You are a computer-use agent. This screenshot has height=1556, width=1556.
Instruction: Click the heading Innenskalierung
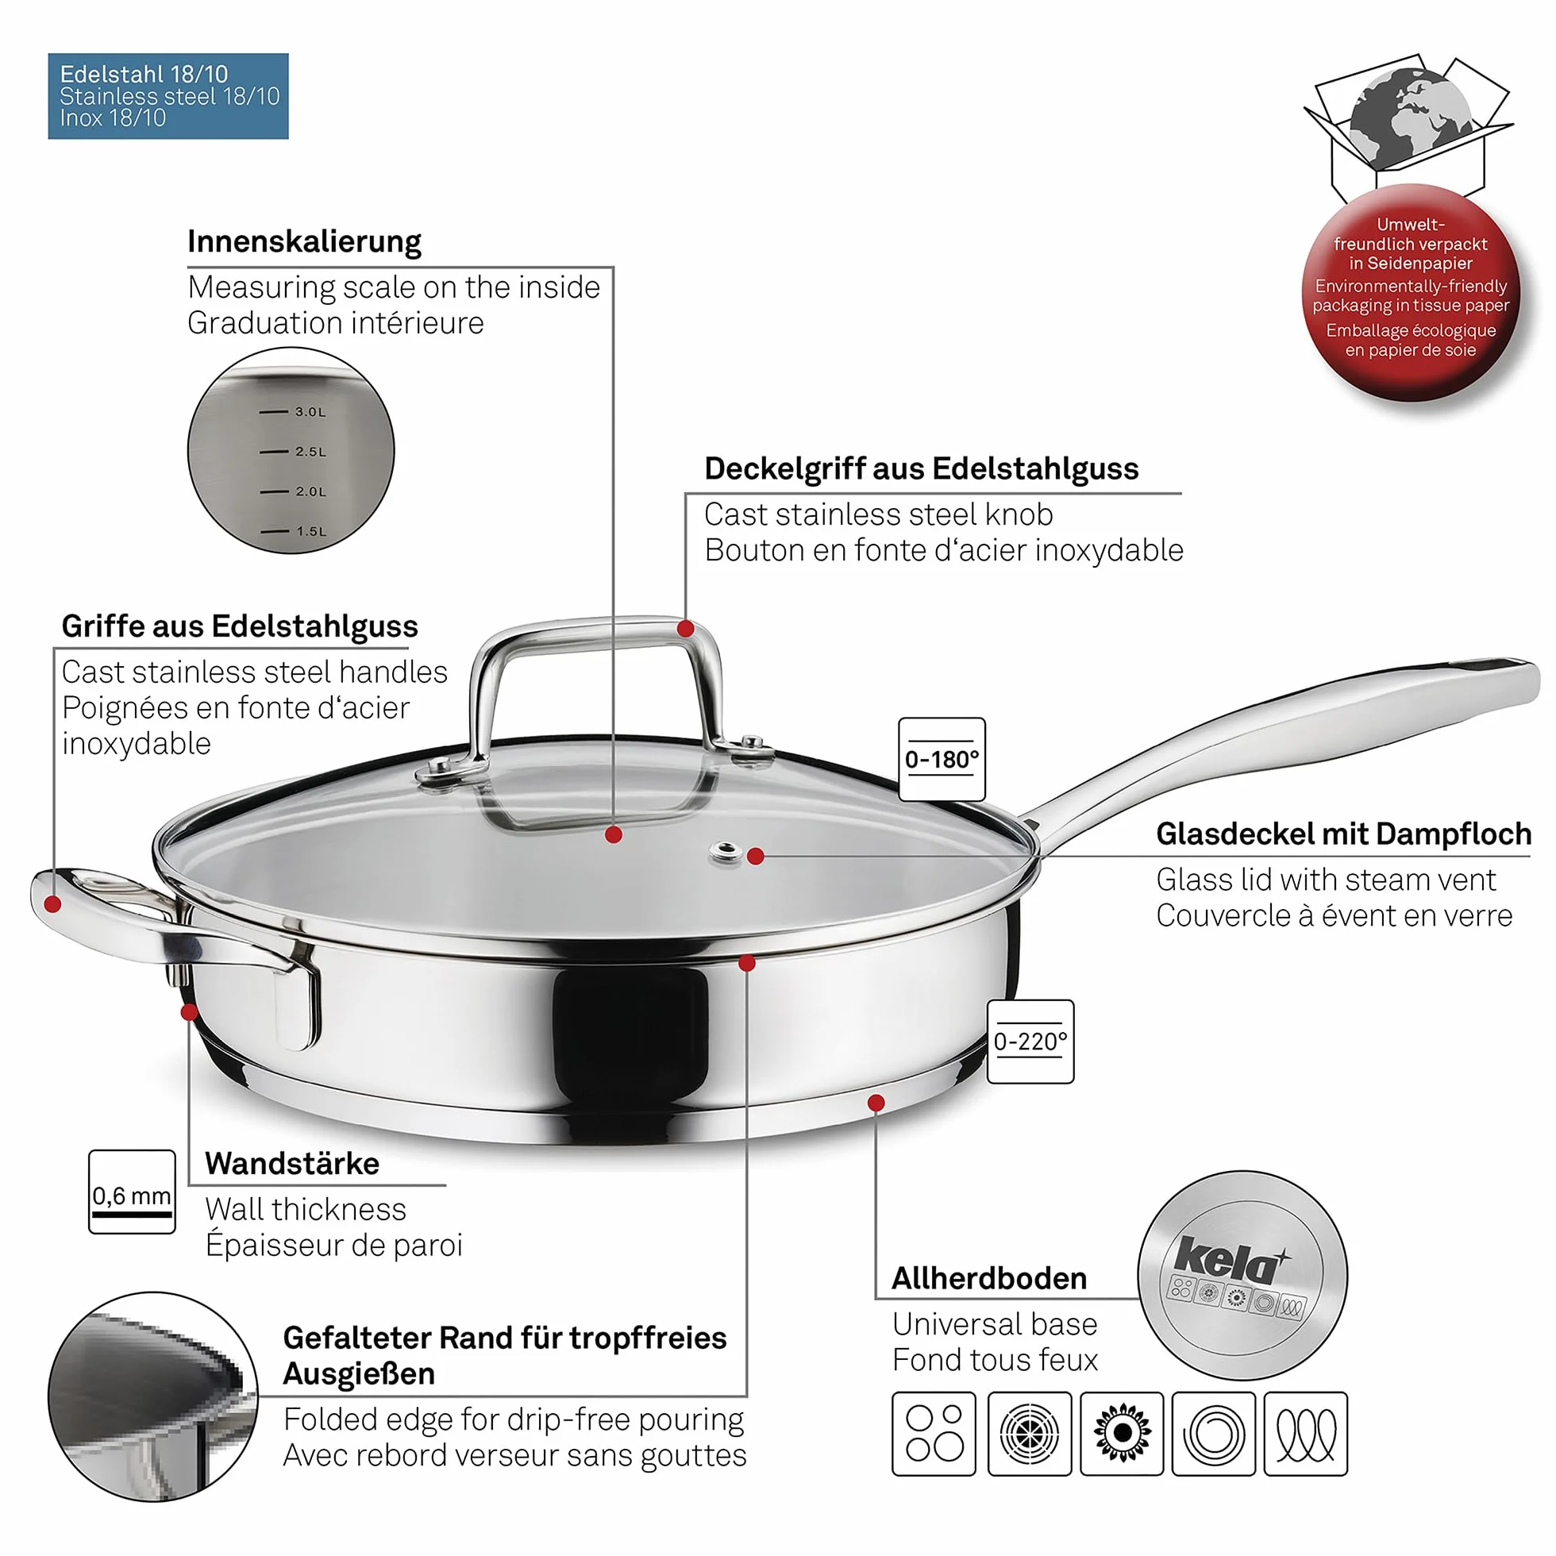(304, 241)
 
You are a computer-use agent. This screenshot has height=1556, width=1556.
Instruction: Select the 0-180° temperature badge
(942, 759)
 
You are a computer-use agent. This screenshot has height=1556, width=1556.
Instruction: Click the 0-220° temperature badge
(1030, 1042)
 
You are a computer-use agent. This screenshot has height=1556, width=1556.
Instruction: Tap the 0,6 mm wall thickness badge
(132, 1192)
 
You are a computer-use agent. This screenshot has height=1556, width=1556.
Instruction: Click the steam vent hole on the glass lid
(726, 850)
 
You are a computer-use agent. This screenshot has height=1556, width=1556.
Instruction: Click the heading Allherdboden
(989, 1278)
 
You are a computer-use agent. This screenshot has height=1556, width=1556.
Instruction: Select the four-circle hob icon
(934, 1434)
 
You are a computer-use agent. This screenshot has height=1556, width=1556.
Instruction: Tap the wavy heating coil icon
(1305, 1434)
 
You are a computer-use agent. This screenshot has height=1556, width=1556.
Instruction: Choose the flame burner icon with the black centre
(1122, 1434)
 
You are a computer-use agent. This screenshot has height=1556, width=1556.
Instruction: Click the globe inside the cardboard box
(1411, 117)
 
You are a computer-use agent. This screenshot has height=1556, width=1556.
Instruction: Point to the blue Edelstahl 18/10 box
(168, 96)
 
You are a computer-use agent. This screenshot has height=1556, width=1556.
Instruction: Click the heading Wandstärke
(292, 1164)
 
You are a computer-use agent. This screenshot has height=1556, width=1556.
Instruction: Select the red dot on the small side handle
(53, 904)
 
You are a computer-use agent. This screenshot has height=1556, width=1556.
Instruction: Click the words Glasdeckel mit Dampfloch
(1343, 834)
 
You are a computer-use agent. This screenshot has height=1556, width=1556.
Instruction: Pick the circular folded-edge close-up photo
(153, 1396)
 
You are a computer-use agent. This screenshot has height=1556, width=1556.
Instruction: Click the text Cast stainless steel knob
(879, 514)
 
